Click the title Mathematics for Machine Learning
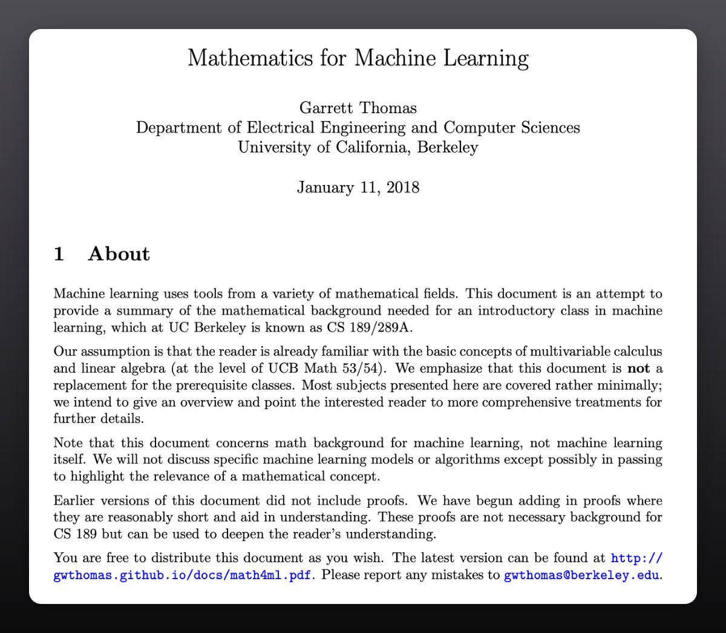(358, 58)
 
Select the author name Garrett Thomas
(358, 108)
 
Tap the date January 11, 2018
(358, 187)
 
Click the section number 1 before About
(59, 254)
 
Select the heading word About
(119, 254)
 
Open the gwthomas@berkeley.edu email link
(582, 574)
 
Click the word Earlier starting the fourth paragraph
(75, 500)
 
